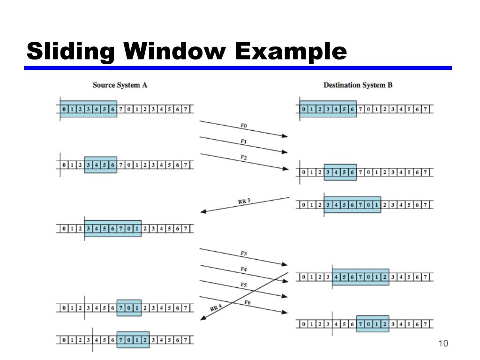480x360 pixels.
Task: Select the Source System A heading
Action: (x=120, y=85)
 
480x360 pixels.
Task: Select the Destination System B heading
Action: (x=358, y=85)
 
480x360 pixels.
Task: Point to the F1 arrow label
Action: (x=244, y=142)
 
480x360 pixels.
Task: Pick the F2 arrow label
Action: (x=244, y=157)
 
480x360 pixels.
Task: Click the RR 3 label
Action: (x=244, y=202)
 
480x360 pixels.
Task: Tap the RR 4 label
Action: (x=216, y=308)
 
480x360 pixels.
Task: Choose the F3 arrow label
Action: (x=244, y=254)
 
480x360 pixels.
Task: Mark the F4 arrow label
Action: (x=244, y=270)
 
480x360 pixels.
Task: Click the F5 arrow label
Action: (x=244, y=285)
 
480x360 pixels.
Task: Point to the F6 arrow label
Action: (x=247, y=302)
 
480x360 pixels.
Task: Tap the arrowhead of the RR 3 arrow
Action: (x=203, y=212)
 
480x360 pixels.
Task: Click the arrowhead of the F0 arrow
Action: (x=285, y=136)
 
